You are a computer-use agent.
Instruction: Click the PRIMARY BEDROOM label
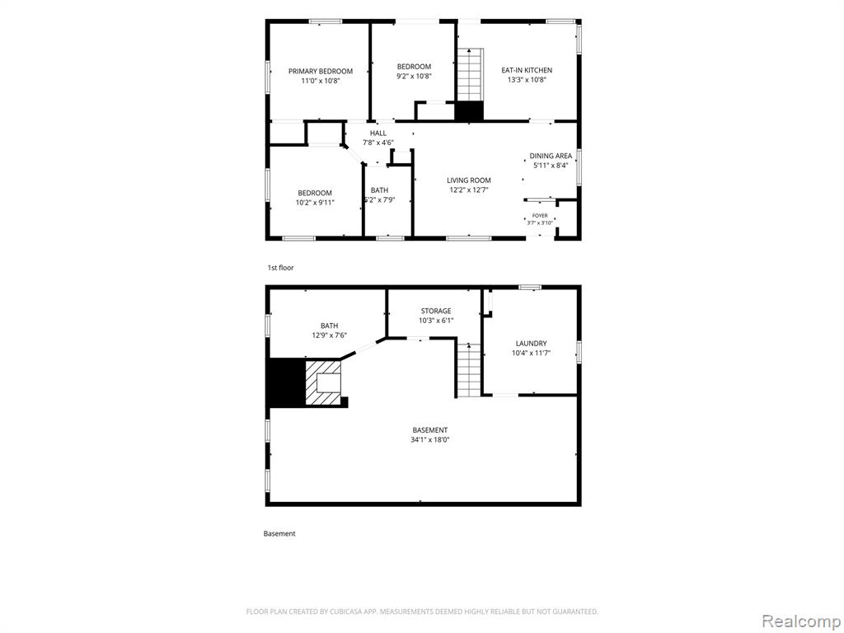pyautogui.click(x=321, y=71)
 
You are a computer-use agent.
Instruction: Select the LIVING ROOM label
pyautogui.click(x=469, y=181)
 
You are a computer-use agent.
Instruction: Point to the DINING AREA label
pyautogui.click(x=551, y=156)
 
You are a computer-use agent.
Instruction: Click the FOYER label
pyautogui.click(x=540, y=215)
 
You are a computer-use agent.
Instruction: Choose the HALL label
pyautogui.click(x=377, y=133)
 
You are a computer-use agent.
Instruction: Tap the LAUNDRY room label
pyautogui.click(x=532, y=344)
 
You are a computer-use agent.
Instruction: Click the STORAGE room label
pyautogui.click(x=436, y=311)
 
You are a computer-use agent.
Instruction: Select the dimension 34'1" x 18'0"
pyautogui.click(x=430, y=440)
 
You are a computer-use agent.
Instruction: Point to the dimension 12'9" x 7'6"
pyautogui.click(x=330, y=335)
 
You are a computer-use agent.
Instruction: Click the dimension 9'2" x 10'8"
pyautogui.click(x=414, y=77)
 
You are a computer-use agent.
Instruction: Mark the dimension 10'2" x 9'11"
pyautogui.click(x=315, y=203)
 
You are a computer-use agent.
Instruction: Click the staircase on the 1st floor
pyautogui.click(x=470, y=74)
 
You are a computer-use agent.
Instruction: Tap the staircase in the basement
pyautogui.click(x=469, y=370)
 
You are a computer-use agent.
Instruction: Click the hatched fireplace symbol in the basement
pyautogui.click(x=323, y=382)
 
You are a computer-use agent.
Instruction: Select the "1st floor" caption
pyautogui.click(x=281, y=268)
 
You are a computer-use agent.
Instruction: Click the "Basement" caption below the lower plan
pyautogui.click(x=279, y=534)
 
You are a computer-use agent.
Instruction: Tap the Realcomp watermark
pyautogui.click(x=800, y=621)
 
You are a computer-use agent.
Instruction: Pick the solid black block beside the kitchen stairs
pyautogui.click(x=469, y=111)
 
